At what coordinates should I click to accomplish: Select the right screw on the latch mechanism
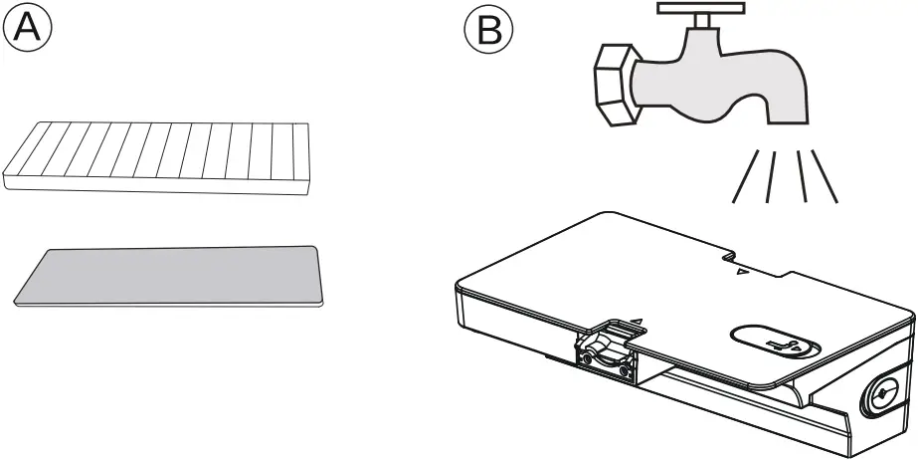[624, 371]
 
